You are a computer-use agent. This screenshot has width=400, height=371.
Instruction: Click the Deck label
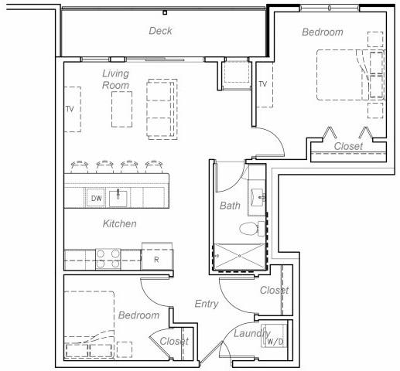[x=160, y=31]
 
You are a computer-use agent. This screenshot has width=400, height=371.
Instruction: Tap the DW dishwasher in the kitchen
[x=96, y=198]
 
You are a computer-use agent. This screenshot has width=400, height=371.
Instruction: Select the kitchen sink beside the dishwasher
[x=118, y=199]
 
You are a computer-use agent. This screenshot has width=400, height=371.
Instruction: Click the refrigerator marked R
[x=157, y=259]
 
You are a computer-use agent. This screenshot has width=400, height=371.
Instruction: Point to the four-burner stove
[x=108, y=259]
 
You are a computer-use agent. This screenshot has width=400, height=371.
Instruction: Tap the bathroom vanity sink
[x=258, y=197]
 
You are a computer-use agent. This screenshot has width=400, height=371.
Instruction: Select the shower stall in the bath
[x=239, y=257]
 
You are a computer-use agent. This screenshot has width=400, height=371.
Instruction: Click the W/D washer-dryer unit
[x=274, y=335]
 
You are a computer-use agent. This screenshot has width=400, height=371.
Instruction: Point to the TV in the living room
[x=72, y=110]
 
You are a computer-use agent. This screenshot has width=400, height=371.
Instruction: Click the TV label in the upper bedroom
[x=262, y=84]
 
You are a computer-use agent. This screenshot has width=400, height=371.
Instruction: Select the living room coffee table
[x=121, y=109]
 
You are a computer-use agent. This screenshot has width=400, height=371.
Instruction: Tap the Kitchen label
[x=119, y=223]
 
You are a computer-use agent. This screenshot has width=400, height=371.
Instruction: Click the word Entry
[x=207, y=304]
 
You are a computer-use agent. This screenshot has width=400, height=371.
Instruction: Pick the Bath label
[x=230, y=206]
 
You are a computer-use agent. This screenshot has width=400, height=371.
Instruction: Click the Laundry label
[x=251, y=334]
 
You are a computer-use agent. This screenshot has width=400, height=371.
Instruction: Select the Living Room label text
[x=115, y=80]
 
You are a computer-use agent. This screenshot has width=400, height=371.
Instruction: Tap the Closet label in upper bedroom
[x=348, y=146]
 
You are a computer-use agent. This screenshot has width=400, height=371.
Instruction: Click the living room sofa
[x=162, y=109]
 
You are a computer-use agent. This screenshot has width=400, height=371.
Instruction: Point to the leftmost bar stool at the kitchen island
[x=79, y=167]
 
